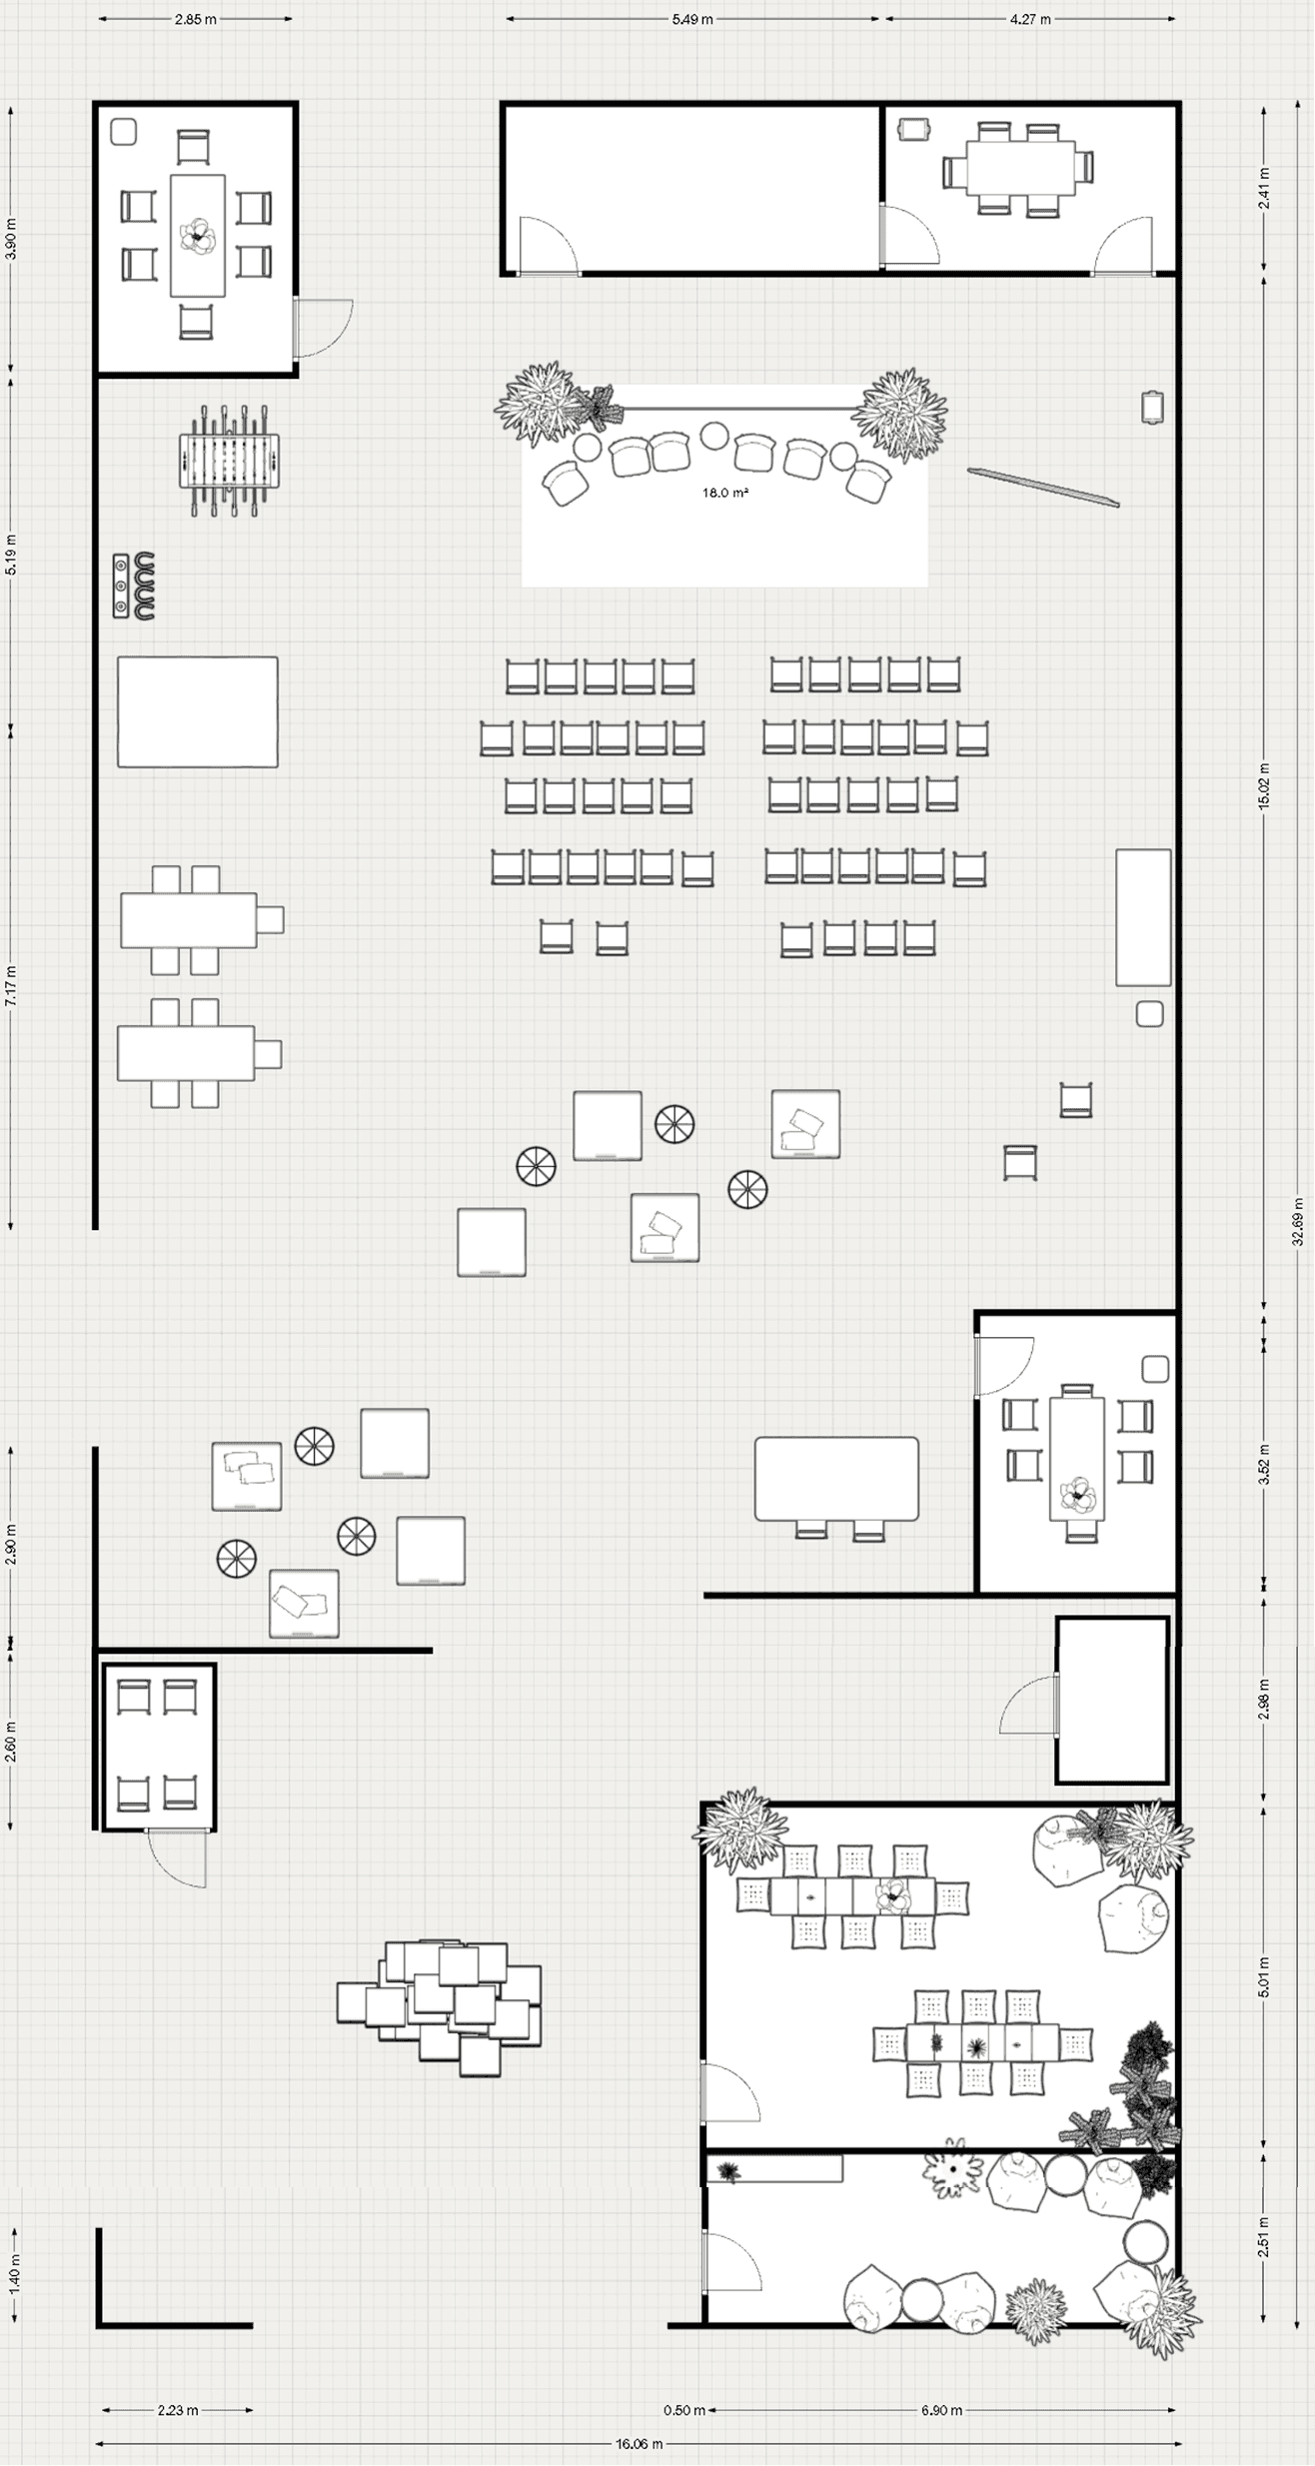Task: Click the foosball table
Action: point(231,461)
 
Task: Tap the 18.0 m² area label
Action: point(725,493)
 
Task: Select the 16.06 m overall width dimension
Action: point(639,2436)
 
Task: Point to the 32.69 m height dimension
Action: point(1298,1222)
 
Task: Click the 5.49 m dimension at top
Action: point(692,19)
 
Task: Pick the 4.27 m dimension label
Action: point(1029,19)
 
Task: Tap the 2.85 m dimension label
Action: point(196,19)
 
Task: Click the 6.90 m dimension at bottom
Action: point(941,2401)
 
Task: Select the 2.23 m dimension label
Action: point(177,2401)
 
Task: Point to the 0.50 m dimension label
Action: point(684,2401)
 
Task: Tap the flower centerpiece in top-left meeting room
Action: point(198,237)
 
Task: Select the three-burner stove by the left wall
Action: point(134,587)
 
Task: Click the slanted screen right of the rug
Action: point(1043,488)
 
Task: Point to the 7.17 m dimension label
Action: point(12,984)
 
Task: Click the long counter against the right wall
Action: point(1143,917)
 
